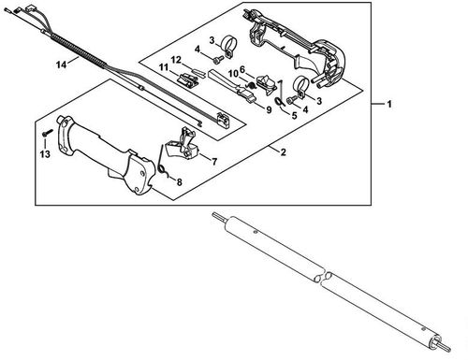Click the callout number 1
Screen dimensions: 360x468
(390, 106)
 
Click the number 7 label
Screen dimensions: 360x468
(214, 162)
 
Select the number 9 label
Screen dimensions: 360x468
(269, 108)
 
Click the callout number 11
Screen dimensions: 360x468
(163, 68)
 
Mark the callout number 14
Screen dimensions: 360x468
(61, 64)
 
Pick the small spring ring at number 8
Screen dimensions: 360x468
(162, 171)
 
